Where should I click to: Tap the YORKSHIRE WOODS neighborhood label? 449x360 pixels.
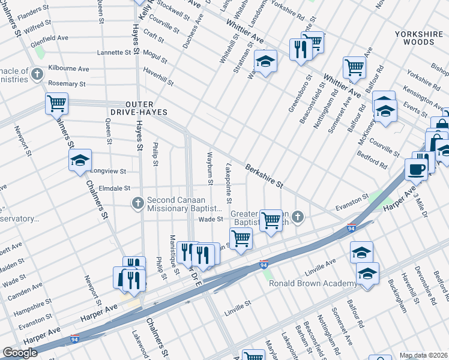pyautogui.click(x=420, y=38)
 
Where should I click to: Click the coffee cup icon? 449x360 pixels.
pyautogui.click(x=416, y=169)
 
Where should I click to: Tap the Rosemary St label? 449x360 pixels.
pyautogui.click(x=67, y=84)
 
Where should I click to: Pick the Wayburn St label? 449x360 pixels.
pyautogui.click(x=211, y=167)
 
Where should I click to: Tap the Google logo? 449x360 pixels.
pyautogui.click(x=20, y=353)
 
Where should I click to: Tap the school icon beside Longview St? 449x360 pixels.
pyautogui.click(x=80, y=160)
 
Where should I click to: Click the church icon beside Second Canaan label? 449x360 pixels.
pyautogui.click(x=138, y=203)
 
